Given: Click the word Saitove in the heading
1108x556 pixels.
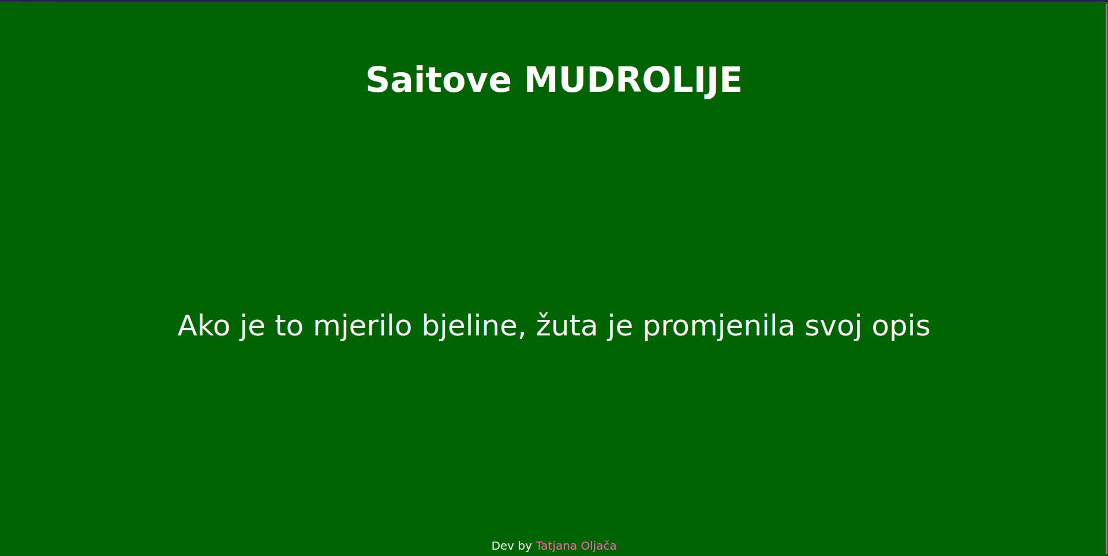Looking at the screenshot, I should (439, 80).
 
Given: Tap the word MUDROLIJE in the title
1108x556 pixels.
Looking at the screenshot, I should (632, 80).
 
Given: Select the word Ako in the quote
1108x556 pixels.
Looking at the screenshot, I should (204, 326).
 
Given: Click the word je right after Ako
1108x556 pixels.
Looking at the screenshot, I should (253, 326).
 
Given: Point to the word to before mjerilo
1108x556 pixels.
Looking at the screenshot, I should (289, 326).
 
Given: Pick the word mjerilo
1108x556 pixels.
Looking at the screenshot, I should (362, 326).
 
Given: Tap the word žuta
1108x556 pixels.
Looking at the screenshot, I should (567, 326).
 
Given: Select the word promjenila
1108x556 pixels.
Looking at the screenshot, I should (718, 326).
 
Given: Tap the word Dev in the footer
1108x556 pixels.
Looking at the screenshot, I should (502, 546).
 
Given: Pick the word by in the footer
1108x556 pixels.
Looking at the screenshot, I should (525, 546).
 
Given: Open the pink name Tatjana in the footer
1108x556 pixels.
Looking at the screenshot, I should (556, 546).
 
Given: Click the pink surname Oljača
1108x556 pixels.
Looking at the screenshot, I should (598, 546).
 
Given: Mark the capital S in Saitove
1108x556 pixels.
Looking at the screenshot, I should (378, 80).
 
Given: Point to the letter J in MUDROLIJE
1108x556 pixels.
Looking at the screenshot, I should (709, 80).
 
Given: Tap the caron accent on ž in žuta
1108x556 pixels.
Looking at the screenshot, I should (544, 315).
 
